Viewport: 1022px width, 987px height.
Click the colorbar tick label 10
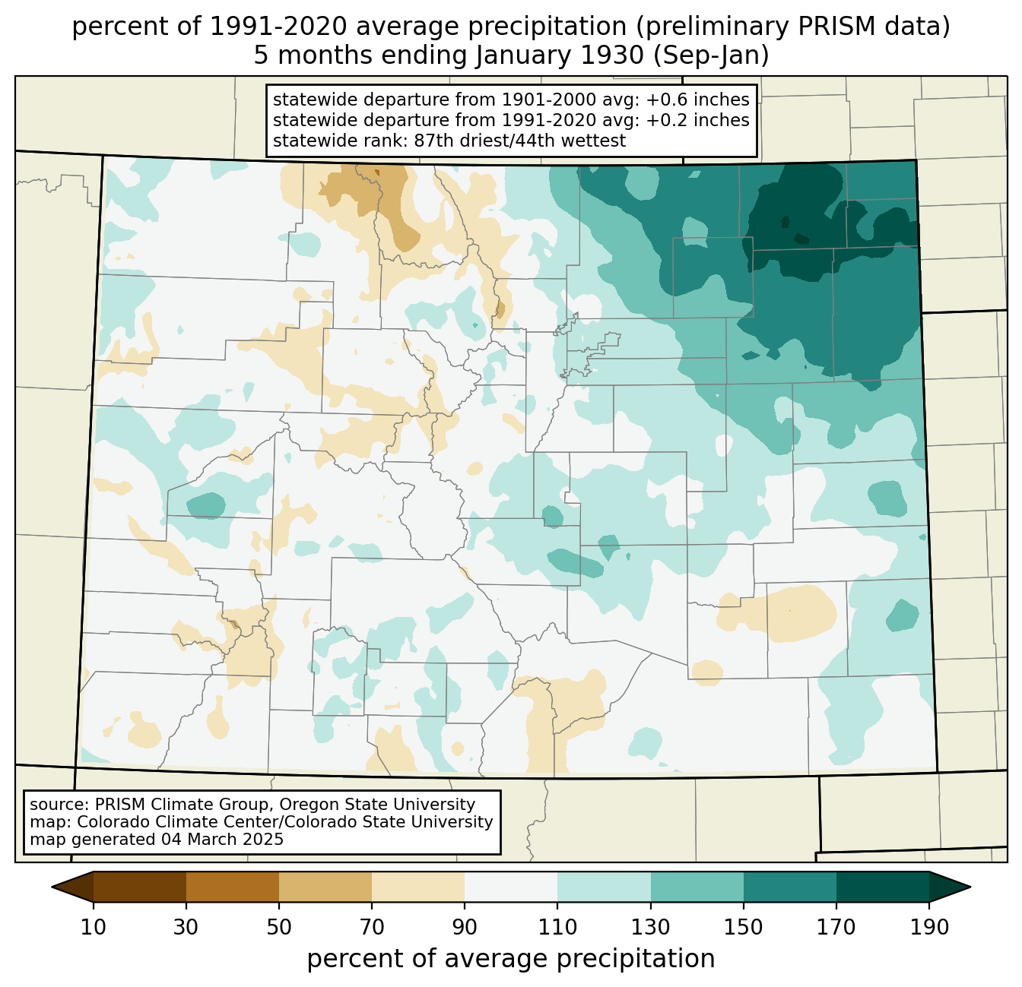(93, 927)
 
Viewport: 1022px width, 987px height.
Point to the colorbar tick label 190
(928, 927)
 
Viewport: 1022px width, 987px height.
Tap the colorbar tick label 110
(557, 927)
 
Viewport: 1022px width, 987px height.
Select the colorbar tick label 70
(372, 927)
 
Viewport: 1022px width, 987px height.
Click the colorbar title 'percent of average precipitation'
(510, 958)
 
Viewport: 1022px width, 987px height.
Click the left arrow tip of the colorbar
(52, 887)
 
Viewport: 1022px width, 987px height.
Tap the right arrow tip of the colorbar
(970, 887)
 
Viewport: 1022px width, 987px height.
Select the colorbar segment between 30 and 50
(232, 887)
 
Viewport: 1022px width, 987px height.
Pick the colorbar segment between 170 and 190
(882, 887)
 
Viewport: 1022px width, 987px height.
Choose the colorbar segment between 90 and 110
(511, 887)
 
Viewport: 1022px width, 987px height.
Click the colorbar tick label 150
(743, 927)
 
